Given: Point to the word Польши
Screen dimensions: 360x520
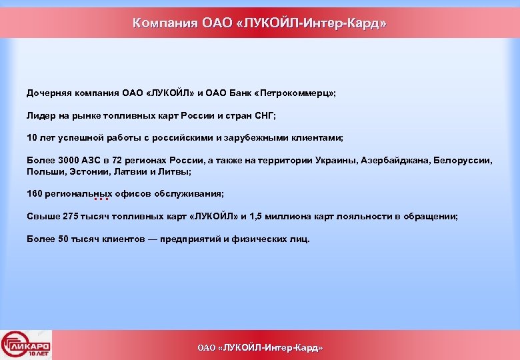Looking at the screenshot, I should coord(43,171).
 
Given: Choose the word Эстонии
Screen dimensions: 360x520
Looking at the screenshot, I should coord(85,171).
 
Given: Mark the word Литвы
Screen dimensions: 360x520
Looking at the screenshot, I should coord(175,171).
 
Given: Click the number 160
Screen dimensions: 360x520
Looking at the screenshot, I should coord(34,194).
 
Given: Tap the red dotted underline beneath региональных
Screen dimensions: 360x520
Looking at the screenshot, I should coord(101,199).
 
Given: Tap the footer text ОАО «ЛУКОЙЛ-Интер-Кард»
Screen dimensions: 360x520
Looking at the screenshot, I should coord(260,348).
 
